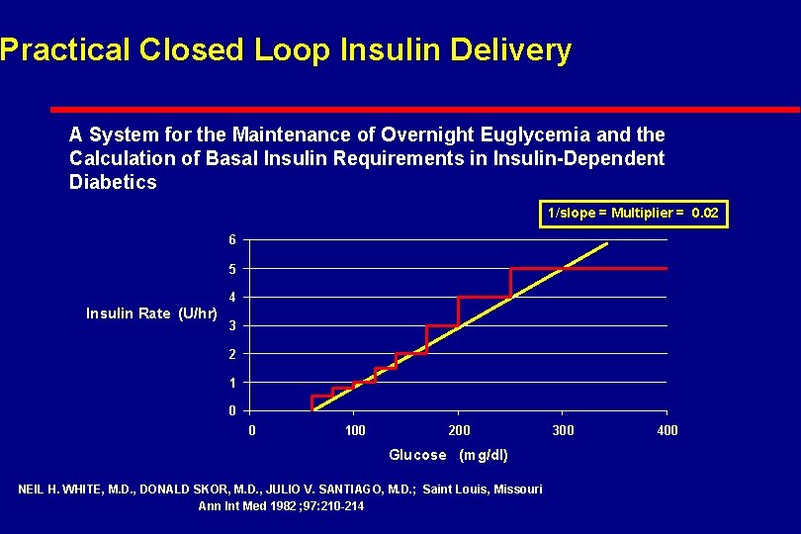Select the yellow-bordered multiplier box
[633, 213]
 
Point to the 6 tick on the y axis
[231, 240]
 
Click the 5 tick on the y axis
[231, 269]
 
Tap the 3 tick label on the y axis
[231, 326]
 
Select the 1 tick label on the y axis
[231, 383]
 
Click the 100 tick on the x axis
[355, 430]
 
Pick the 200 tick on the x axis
[459, 430]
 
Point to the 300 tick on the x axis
[563, 430]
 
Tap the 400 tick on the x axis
[667, 430]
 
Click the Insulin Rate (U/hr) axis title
[152, 313]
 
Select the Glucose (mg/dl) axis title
[448, 455]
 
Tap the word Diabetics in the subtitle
[113, 182]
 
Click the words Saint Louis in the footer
[456, 489]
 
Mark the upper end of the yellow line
[607, 243]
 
